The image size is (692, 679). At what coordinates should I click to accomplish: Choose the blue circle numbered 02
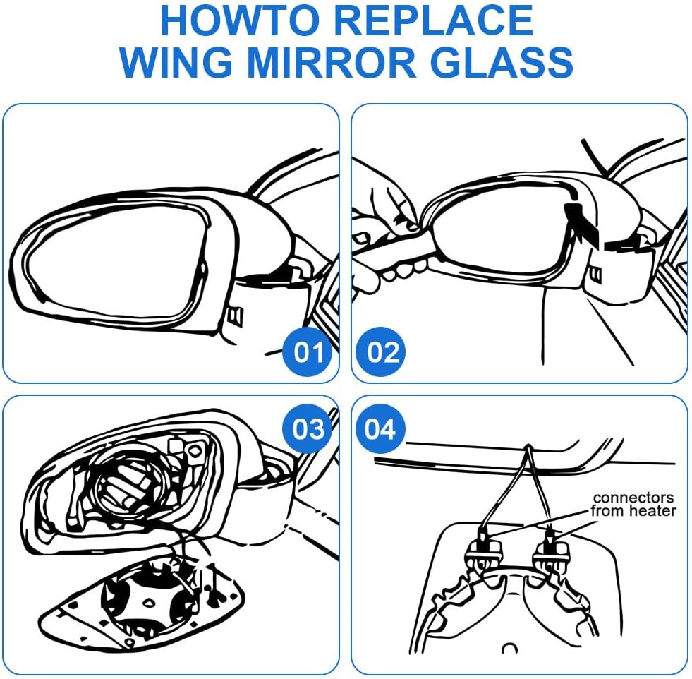click(383, 351)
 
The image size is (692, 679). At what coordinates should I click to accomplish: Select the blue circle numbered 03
click(308, 428)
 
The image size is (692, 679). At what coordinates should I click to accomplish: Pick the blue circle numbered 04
click(381, 428)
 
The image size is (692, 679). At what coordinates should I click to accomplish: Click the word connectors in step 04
click(633, 498)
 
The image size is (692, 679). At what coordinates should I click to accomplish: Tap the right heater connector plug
click(550, 548)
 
